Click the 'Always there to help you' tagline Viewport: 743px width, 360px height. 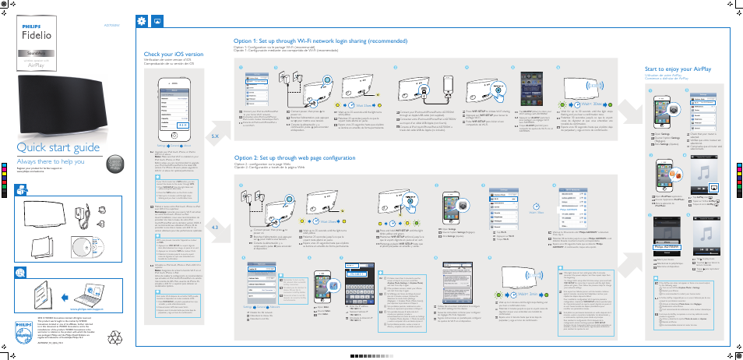coord(51,161)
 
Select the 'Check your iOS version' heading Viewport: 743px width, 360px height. coord(173,54)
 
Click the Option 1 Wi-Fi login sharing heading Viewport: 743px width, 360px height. coord(320,41)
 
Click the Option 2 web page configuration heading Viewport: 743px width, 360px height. coord(294,157)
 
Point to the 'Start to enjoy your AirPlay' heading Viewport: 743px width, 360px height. coord(677,69)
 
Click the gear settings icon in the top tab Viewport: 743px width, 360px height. coord(141,21)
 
